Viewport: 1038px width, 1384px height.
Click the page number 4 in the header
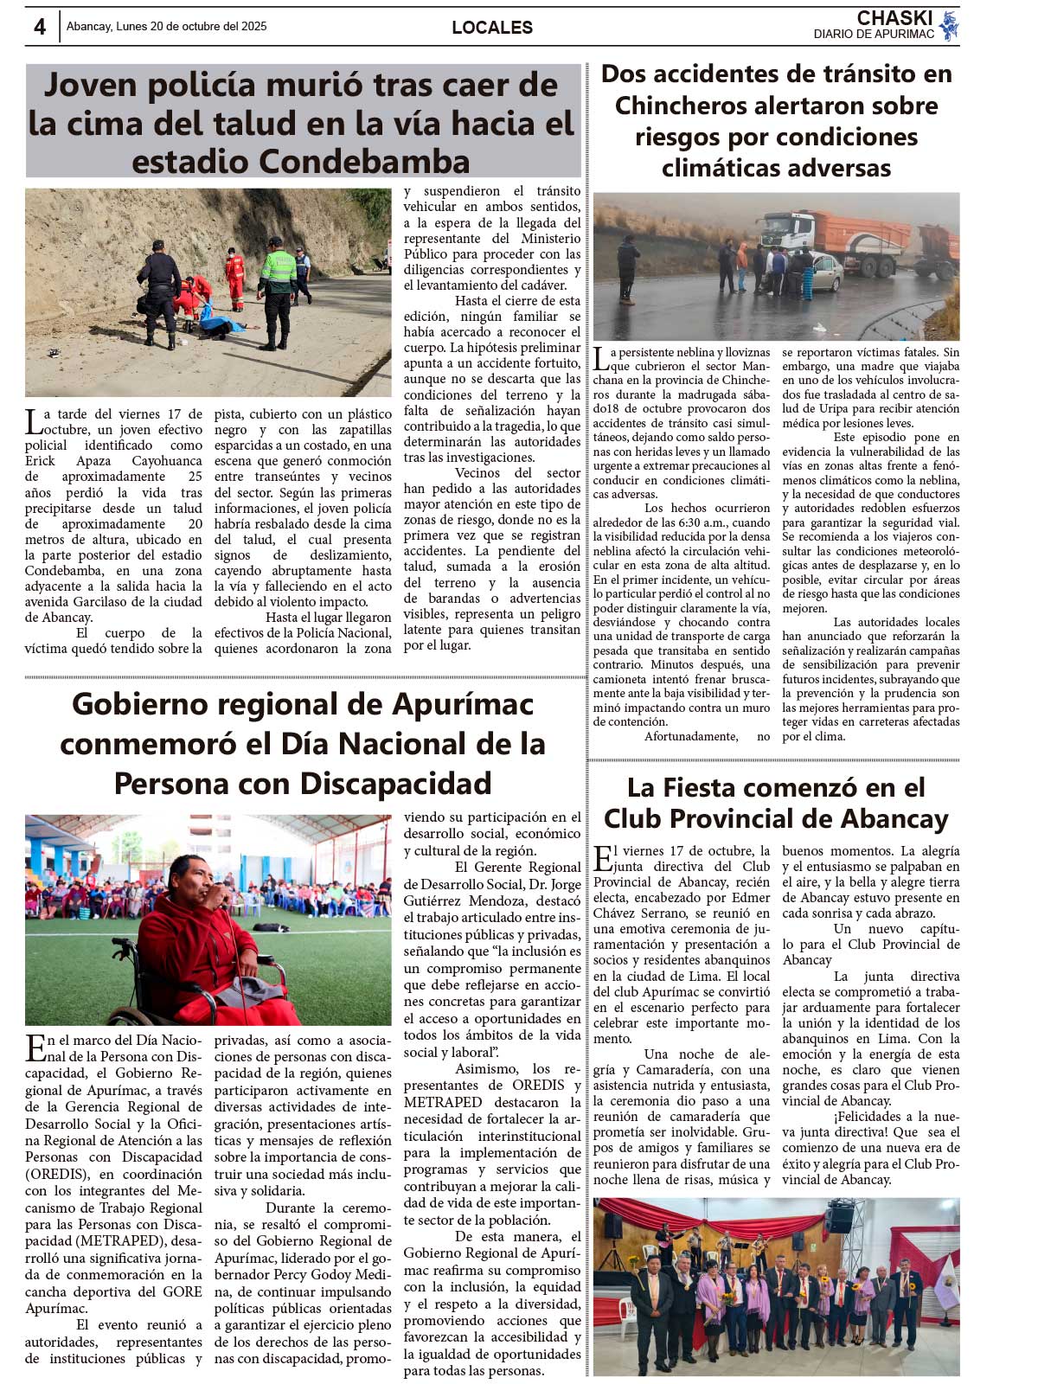point(40,27)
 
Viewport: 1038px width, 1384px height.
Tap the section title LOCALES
point(491,28)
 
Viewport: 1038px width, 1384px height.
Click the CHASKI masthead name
point(894,18)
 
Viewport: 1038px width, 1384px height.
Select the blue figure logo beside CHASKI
point(949,26)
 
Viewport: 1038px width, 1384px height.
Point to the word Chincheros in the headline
point(681,106)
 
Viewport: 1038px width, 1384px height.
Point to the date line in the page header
point(166,27)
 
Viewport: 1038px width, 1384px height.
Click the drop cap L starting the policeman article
point(33,421)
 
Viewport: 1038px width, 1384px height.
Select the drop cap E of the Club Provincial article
point(602,858)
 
